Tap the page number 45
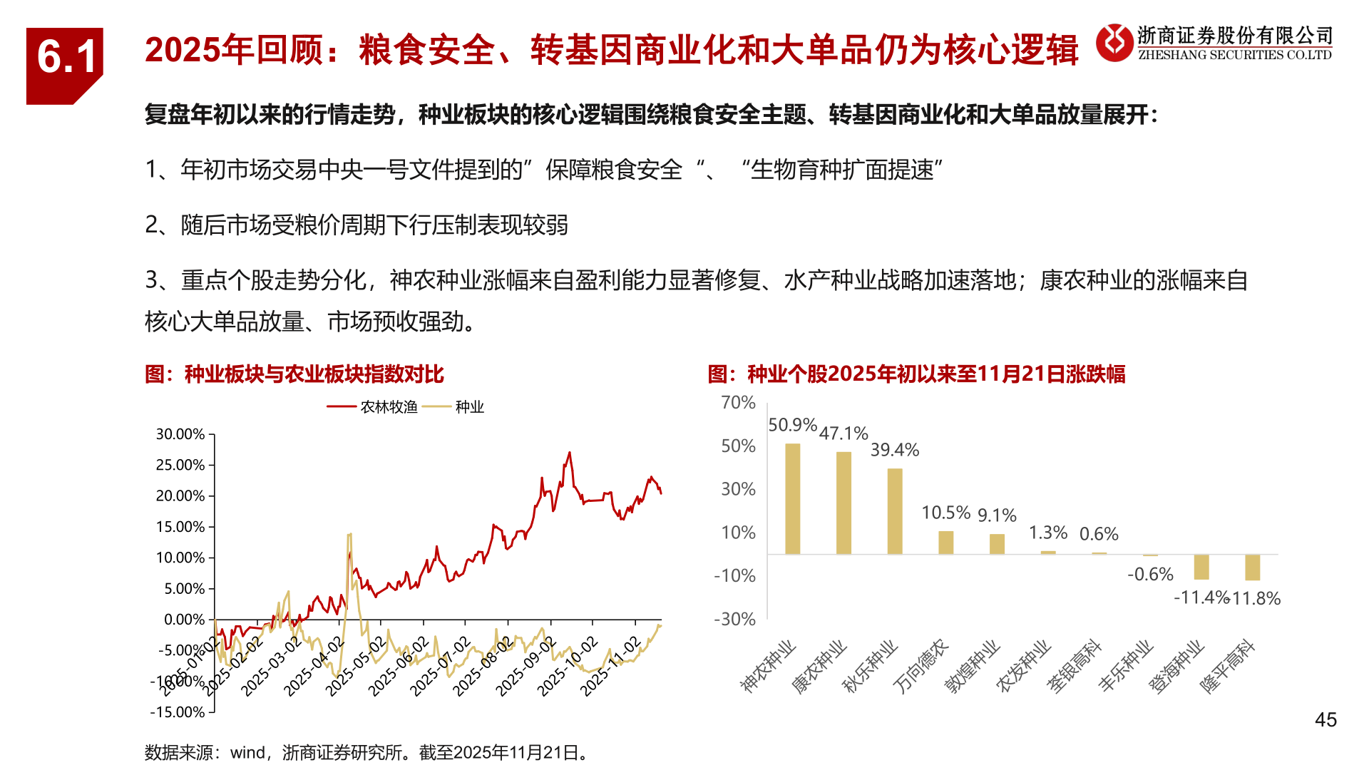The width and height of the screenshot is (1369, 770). pyautogui.click(x=1326, y=720)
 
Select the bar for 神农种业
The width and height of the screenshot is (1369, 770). pyautogui.click(x=792, y=498)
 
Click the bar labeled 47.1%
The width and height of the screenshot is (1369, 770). pyautogui.click(x=844, y=503)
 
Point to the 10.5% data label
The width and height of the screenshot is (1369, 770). pyautogui.click(x=945, y=513)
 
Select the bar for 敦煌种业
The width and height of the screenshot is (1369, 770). pyautogui.click(x=997, y=543)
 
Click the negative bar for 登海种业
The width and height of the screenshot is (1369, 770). pyautogui.click(x=1201, y=567)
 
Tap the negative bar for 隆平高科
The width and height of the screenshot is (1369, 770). pyautogui.click(x=1252, y=568)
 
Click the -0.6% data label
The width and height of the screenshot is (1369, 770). pyautogui.click(x=1149, y=574)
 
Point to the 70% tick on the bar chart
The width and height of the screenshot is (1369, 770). pyautogui.click(x=738, y=403)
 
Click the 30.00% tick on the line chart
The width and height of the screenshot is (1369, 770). pyautogui.click(x=180, y=434)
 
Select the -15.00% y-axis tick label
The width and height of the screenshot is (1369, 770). pyautogui.click(x=178, y=712)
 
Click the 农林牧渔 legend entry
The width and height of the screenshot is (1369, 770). pyautogui.click(x=388, y=407)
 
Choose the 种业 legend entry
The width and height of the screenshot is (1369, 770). pyautogui.click(x=469, y=407)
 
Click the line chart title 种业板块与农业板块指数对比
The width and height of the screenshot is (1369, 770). pyautogui.click(x=314, y=374)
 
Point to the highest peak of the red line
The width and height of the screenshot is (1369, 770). pyautogui.click(x=569, y=453)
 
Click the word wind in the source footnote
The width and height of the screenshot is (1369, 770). pyautogui.click(x=247, y=753)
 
